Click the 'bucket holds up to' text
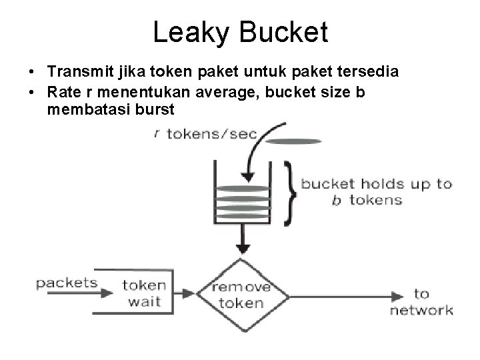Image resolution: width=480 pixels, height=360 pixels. tap(377, 183)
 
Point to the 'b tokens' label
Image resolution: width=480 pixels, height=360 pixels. tap(367, 200)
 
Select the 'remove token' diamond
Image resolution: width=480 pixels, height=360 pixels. tap(243, 295)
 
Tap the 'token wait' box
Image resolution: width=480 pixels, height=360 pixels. tap(141, 293)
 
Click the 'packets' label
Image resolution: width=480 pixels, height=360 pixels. tap(66, 283)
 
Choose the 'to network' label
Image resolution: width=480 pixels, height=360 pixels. tap(421, 302)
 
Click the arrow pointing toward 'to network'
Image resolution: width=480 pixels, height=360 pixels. tap(347, 295)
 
